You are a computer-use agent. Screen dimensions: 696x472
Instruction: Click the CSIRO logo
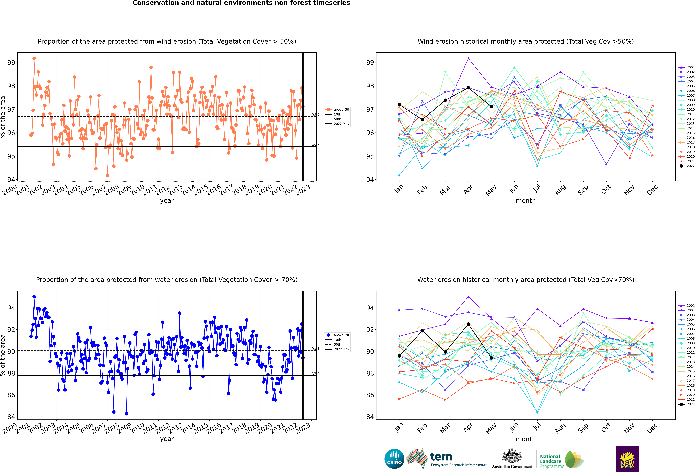tap(394, 459)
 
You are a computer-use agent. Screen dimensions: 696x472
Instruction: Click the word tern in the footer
tap(441, 457)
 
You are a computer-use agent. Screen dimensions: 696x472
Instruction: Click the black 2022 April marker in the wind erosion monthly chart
tap(468, 88)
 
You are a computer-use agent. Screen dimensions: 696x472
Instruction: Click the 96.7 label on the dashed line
tap(315, 115)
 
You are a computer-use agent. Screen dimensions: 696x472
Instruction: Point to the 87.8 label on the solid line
tap(315, 374)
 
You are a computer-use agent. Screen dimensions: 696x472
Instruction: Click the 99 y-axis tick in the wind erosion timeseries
tap(11, 63)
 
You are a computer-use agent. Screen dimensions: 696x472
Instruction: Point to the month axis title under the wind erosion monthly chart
tap(526, 201)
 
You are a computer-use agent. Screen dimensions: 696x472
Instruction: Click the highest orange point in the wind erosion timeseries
tap(34, 58)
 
